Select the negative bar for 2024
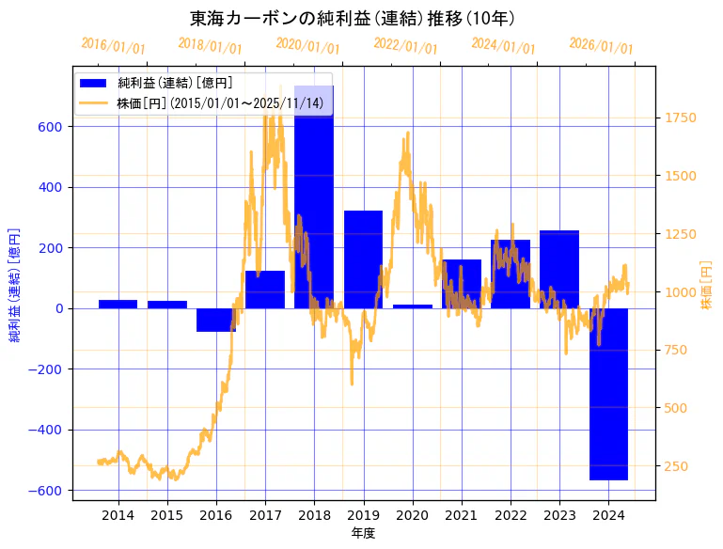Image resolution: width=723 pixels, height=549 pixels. click(x=608, y=394)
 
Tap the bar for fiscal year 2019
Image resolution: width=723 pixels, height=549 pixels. click(x=363, y=259)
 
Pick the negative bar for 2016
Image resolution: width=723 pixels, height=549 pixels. click(x=216, y=320)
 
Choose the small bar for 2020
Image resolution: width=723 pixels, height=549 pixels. click(x=413, y=306)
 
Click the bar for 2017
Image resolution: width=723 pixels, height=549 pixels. click(x=265, y=290)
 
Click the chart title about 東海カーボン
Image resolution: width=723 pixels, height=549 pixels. click(x=352, y=18)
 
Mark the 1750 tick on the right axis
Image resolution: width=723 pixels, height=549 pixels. click(x=682, y=118)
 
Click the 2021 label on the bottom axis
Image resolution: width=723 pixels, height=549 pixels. click(x=462, y=515)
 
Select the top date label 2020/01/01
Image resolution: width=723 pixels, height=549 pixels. click(x=307, y=46)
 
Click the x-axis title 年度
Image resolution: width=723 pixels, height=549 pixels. click(x=363, y=533)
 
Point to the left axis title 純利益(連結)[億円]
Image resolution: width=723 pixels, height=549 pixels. click(x=15, y=284)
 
